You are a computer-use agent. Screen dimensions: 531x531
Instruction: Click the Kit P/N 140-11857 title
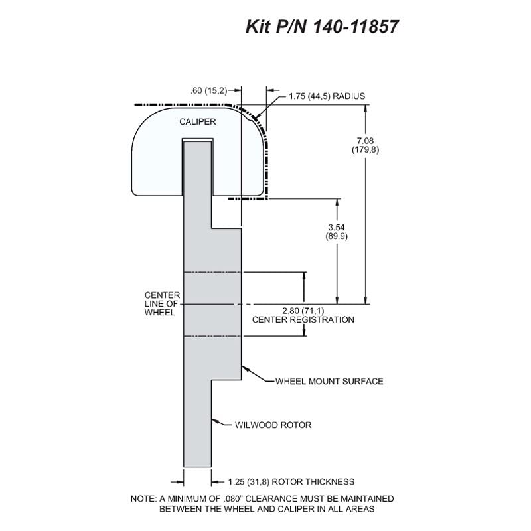click(322, 27)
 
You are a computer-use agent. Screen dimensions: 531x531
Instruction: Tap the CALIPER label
click(197, 121)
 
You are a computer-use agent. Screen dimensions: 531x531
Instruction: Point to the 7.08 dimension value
click(365, 141)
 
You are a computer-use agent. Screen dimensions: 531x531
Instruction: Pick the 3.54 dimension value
click(337, 227)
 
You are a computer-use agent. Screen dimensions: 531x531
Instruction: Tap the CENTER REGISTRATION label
click(303, 320)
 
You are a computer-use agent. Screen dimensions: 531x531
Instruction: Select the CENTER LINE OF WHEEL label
click(162, 304)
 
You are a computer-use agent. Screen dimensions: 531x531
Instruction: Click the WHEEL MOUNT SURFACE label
click(329, 381)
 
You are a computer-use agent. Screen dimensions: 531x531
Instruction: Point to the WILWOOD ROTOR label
click(273, 425)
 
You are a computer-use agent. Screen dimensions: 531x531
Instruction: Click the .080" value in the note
click(233, 499)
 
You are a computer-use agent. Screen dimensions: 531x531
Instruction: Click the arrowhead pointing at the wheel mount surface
click(245, 368)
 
